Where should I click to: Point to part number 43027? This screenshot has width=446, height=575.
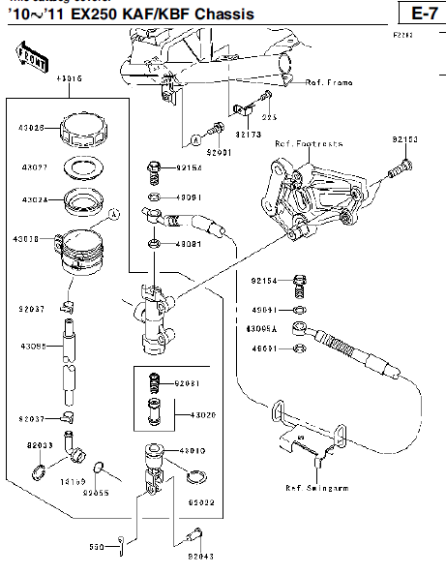point(35,166)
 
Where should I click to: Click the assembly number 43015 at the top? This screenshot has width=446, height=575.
point(69,77)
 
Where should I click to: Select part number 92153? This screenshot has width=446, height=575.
point(404,140)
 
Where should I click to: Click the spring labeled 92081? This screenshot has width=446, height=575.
point(153,384)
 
